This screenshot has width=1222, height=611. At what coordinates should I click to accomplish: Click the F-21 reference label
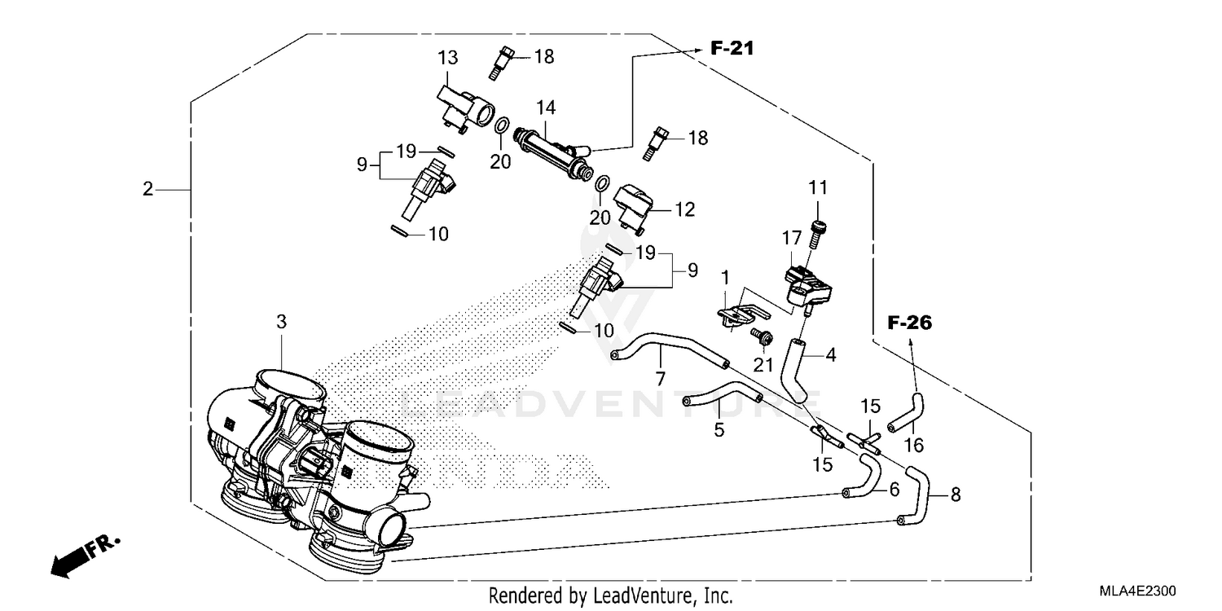(x=732, y=49)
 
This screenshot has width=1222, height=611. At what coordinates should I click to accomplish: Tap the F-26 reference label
(x=909, y=323)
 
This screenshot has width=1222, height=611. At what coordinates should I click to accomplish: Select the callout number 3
(x=281, y=322)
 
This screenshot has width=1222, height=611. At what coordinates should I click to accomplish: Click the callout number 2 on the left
(x=147, y=189)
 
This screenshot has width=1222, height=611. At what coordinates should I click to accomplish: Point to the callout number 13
(x=447, y=59)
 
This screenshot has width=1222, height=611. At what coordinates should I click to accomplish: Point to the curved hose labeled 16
(x=907, y=411)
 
